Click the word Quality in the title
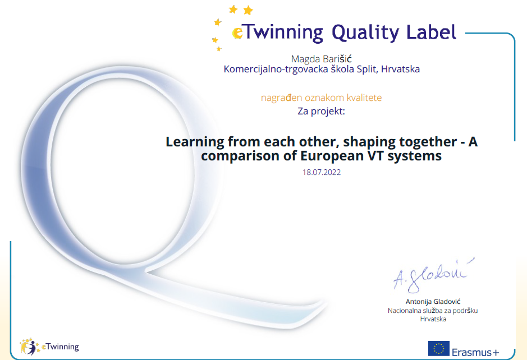pos(365,33)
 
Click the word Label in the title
pos(432,32)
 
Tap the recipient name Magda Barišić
pos(322,59)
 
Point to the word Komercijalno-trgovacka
pos(276,69)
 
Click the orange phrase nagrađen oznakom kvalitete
pos(322,98)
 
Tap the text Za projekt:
pos(322,111)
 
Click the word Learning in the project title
pos(195,142)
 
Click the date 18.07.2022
pos(322,172)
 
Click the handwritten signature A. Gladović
pos(434,275)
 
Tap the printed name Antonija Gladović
pos(433,302)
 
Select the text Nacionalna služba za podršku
pos(433,311)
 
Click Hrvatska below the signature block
pos(433,319)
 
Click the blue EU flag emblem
pos(439,349)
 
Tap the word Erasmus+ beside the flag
pos(475,352)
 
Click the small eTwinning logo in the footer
pos(50,347)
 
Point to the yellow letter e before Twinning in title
pos(237,33)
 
